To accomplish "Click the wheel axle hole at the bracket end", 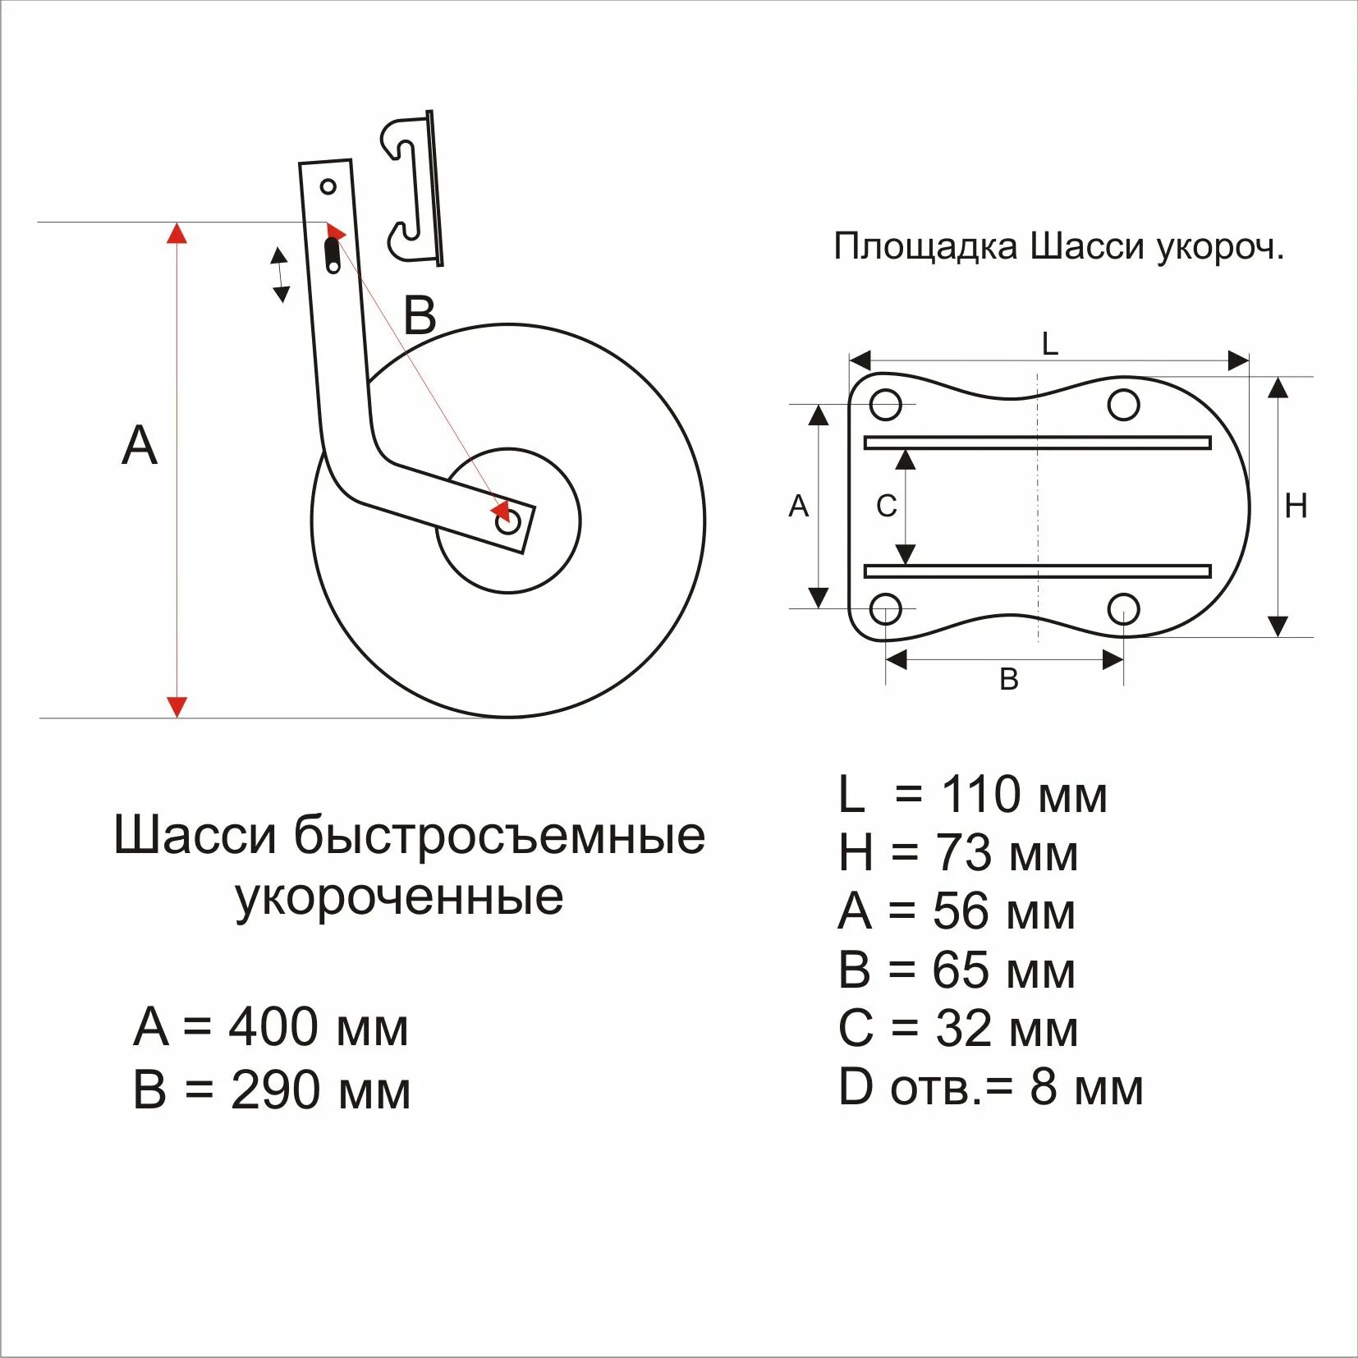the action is pos(508,521).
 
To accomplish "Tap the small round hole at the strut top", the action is pos(328,187).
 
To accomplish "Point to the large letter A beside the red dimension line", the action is pos(139,447).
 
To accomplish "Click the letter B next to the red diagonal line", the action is pos(420,315).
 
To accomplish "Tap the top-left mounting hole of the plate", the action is pos(886,404).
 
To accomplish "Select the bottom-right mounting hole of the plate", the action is pos(1123,609).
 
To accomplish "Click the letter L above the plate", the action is pos(1049,344).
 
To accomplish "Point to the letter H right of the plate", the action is pos(1296,507).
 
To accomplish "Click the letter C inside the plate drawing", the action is pos(886,507).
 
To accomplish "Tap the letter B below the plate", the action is pos(1009,680).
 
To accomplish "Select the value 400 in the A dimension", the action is pos(273,1027).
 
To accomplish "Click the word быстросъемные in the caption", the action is pos(499,837).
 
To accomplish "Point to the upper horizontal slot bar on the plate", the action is pos(1038,443).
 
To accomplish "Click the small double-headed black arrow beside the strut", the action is pos(281,275).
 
